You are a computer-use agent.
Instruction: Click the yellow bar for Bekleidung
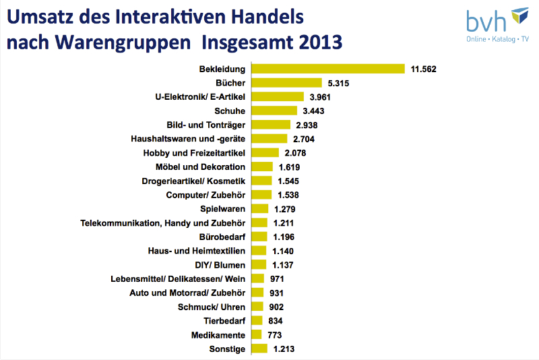point(327,69)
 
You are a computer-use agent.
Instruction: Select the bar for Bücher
point(286,83)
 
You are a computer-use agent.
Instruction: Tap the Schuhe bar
point(274,111)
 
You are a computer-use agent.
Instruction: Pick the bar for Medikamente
point(256,334)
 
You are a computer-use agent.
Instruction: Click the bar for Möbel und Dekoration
point(261,167)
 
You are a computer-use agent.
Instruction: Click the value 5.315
point(342,83)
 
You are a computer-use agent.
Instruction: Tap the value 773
point(274,334)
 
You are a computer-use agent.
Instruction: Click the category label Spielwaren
point(222,208)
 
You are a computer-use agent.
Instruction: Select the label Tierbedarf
point(224,320)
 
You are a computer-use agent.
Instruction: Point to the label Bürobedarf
point(222,237)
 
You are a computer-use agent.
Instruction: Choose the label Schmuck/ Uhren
point(212,306)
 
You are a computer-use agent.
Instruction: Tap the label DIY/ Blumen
point(220,264)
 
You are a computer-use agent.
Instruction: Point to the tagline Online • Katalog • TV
point(498,40)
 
